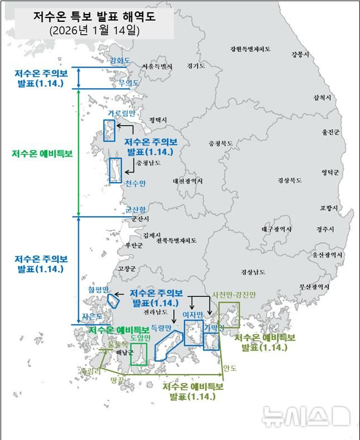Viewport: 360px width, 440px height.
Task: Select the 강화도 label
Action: (x=120, y=60)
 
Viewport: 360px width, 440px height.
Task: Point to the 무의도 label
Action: (x=129, y=83)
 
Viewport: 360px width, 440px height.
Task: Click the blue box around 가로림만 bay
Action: (x=109, y=130)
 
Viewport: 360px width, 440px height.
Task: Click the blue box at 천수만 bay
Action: (x=115, y=170)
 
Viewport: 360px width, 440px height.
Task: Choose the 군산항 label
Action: (x=135, y=210)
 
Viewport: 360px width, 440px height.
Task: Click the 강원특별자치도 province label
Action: (x=250, y=49)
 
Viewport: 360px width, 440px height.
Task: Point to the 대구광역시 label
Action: (x=276, y=229)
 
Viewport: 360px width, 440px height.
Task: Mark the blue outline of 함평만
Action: (x=113, y=300)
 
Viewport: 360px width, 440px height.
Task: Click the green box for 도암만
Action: (x=139, y=354)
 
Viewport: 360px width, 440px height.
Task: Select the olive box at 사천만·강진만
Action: (x=229, y=315)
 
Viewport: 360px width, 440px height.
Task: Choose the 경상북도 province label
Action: (x=290, y=181)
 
